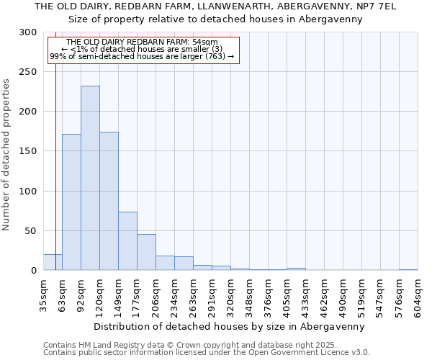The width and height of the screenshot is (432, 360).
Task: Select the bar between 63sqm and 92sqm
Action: coord(71,202)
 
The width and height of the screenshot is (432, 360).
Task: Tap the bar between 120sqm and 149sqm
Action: coord(109,201)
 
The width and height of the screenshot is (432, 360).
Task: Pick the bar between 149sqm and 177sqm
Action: coord(127,240)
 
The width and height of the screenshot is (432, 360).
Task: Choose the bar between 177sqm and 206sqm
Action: coord(146,252)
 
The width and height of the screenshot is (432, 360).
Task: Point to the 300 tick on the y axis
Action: coord(28,32)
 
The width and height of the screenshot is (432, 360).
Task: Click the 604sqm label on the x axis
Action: coord(418,295)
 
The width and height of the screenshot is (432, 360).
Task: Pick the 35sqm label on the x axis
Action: coord(44,295)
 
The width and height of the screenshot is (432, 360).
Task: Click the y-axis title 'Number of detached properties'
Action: coord(6,155)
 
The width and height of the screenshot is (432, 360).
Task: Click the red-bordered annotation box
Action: coord(143,50)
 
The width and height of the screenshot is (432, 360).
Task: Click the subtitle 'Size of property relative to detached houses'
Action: coord(215,19)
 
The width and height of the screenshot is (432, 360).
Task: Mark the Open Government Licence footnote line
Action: coord(207,353)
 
